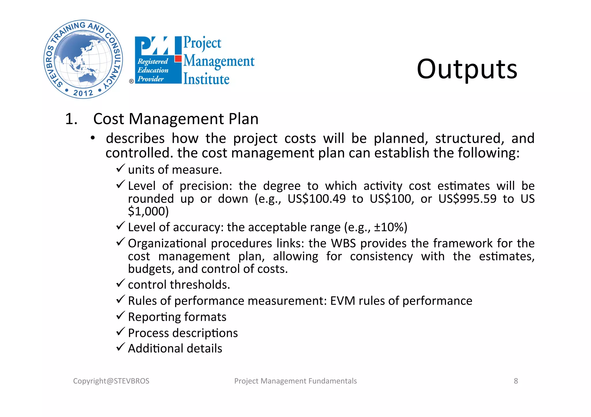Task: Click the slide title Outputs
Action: point(467,69)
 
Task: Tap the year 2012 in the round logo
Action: point(83,93)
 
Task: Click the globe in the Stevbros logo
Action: point(83,59)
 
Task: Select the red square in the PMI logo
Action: point(178,59)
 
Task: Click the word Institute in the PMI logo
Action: point(206,79)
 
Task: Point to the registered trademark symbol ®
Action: point(131,81)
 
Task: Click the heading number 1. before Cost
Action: point(71,119)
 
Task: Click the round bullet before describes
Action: point(92,139)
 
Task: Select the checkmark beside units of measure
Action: point(120,168)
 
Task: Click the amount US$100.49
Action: point(317,199)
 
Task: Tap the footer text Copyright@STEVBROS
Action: point(111,381)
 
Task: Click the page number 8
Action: point(516,381)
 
